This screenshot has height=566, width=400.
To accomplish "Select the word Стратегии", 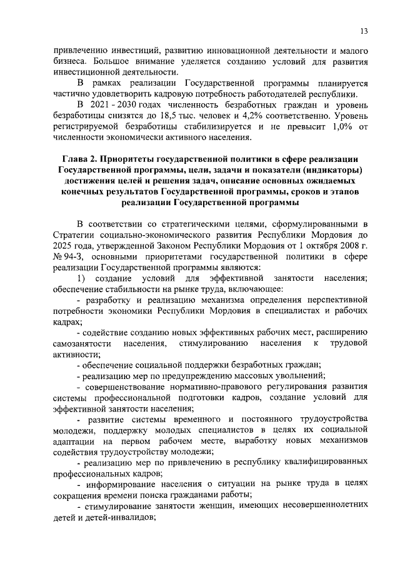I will pos(73,236).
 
